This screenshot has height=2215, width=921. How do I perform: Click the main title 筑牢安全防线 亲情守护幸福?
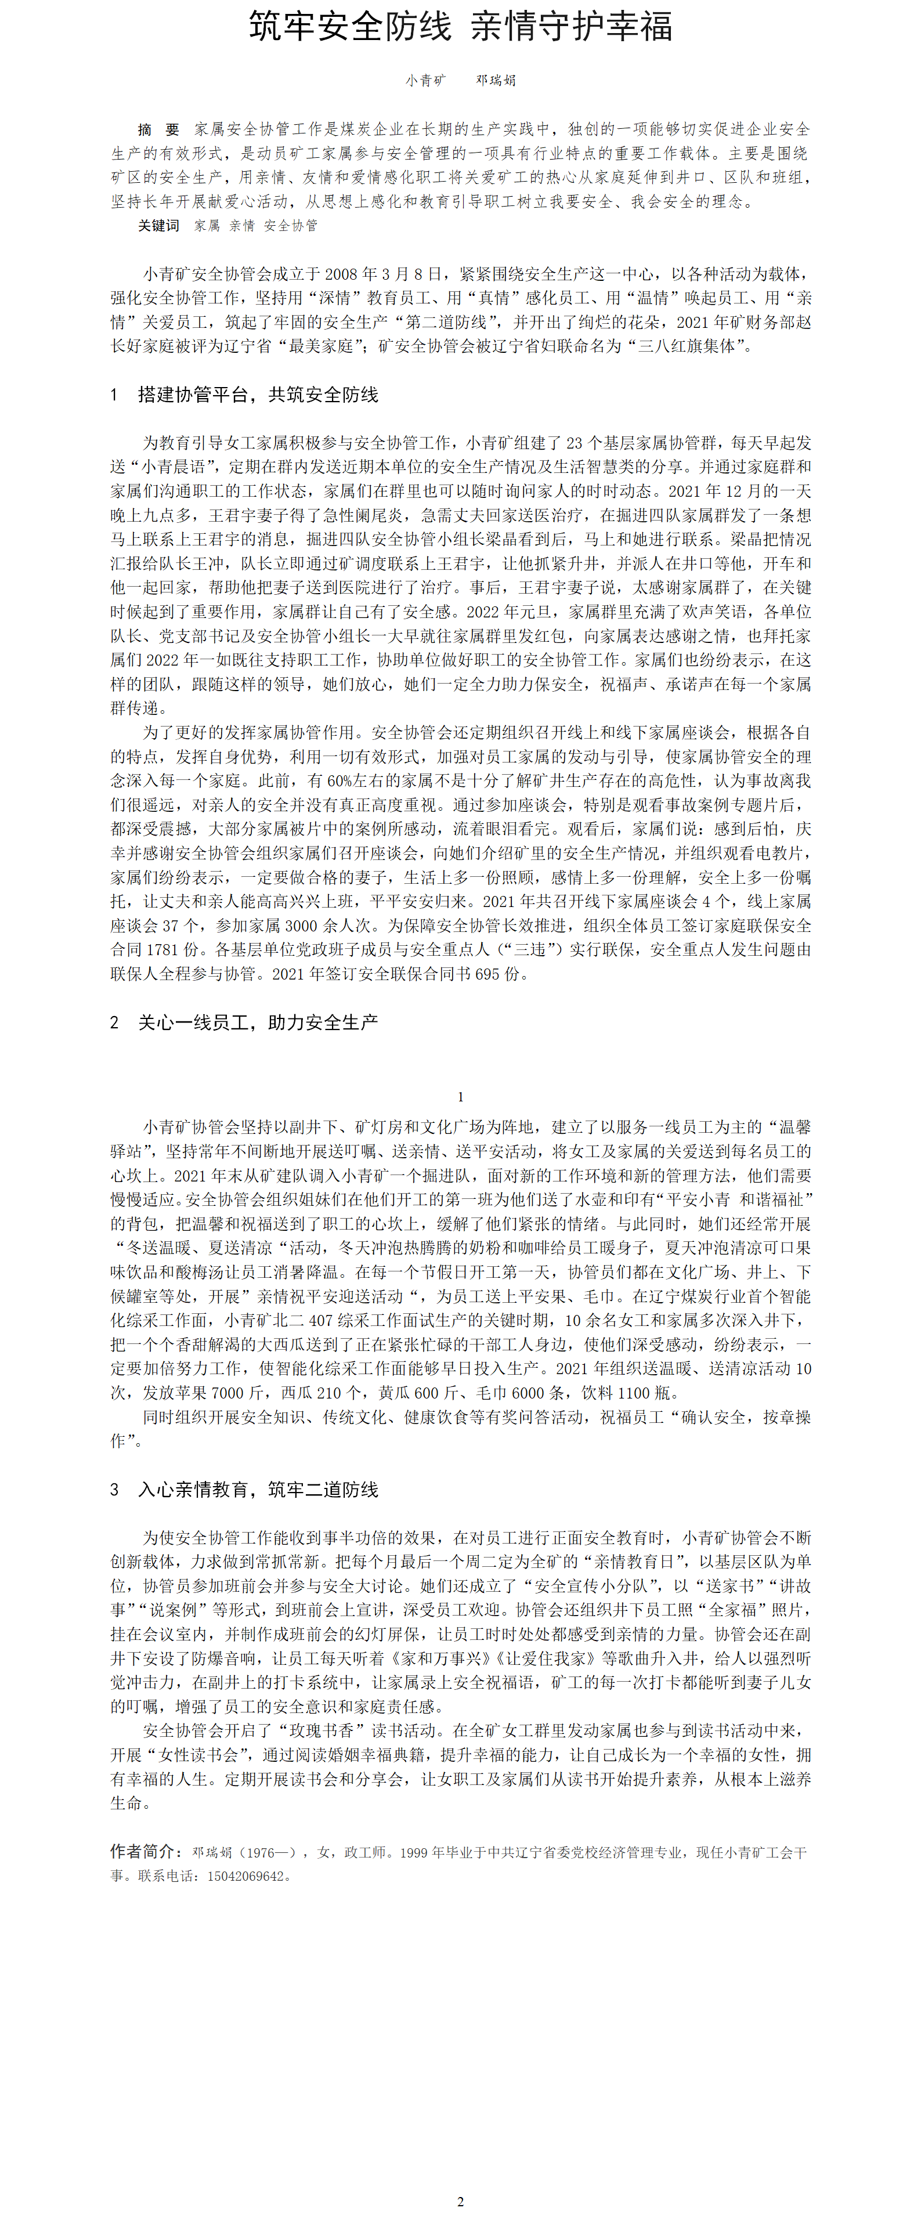tap(460, 27)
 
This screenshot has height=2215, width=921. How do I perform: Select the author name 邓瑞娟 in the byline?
tap(496, 81)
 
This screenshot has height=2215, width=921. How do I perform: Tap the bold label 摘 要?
tap(158, 130)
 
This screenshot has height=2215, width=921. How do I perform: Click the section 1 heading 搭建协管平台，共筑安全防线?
tap(258, 395)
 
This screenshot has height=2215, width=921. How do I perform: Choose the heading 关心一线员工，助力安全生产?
tap(258, 1022)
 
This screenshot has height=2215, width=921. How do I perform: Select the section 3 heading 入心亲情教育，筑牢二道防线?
tap(258, 1489)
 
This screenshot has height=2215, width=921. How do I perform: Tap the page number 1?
tap(460, 1096)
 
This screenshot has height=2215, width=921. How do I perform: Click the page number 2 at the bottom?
tap(460, 2201)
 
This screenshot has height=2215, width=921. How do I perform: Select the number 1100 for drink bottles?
tap(634, 1393)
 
